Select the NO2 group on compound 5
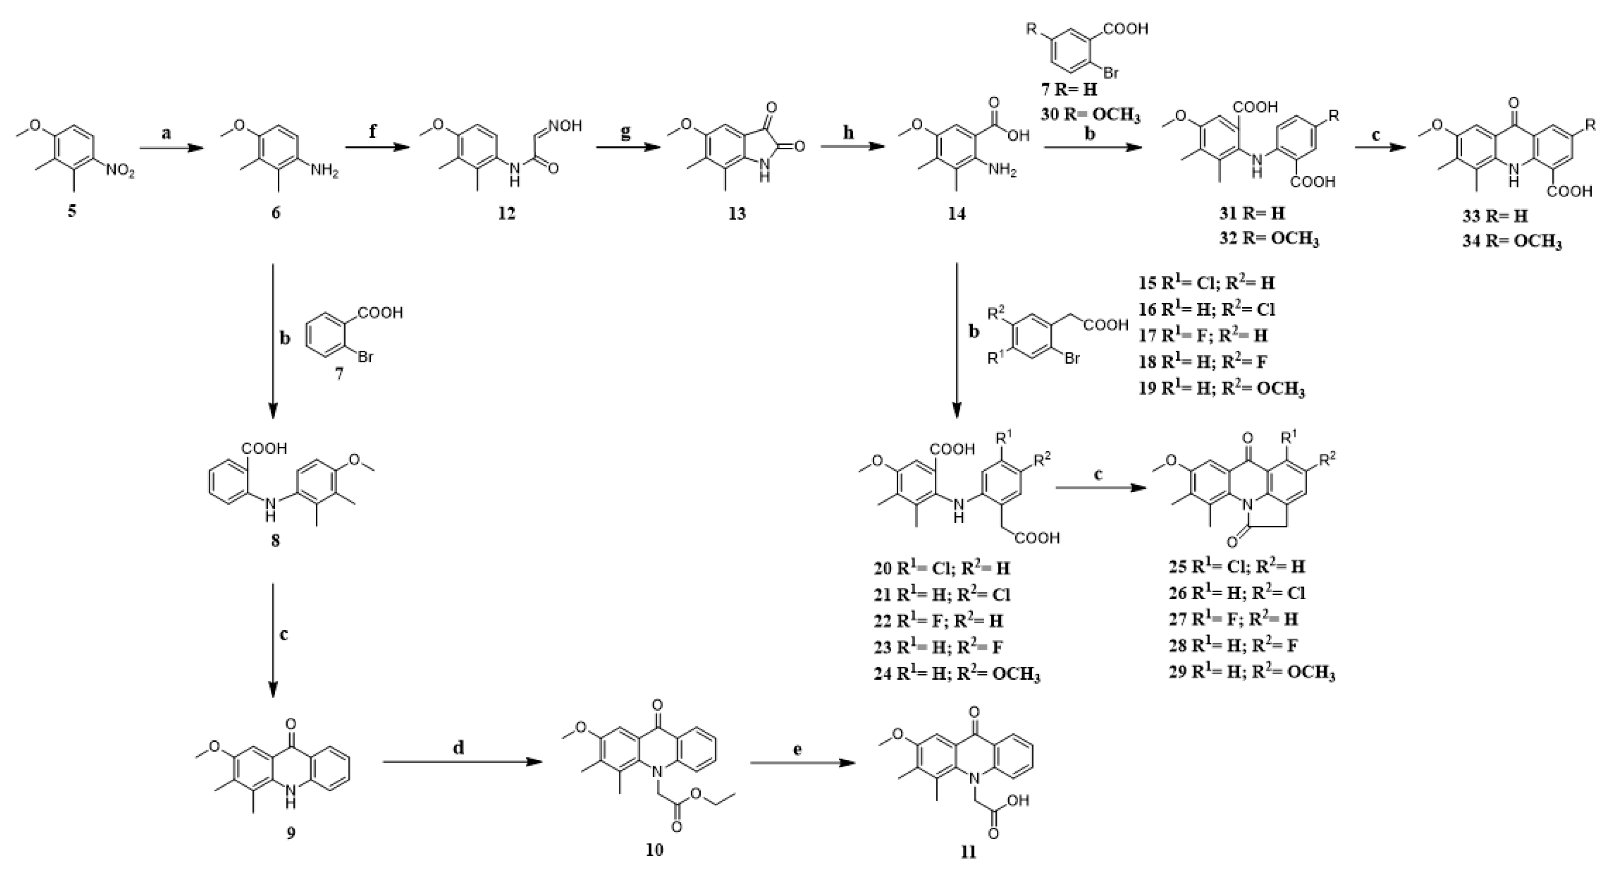pyautogui.click(x=119, y=171)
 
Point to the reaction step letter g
pyautogui.click(x=626, y=133)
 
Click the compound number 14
pyautogui.click(x=956, y=213)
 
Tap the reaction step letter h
pyautogui.click(x=849, y=133)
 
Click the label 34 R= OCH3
pyautogui.click(x=1511, y=241)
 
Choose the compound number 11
pyautogui.click(x=968, y=852)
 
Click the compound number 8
pyautogui.click(x=275, y=539)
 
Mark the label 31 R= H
pyautogui.click(x=1244, y=213)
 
